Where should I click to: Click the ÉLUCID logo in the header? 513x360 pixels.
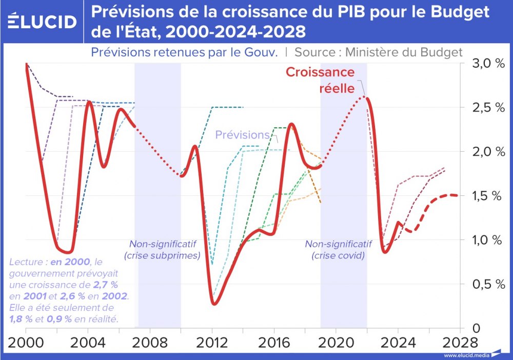pyautogui.click(x=43, y=22)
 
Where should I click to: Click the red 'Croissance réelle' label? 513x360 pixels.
pyautogui.click(x=320, y=80)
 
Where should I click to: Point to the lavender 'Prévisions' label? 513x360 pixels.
pyautogui.click(x=242, y=135)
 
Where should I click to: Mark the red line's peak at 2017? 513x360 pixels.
pyautogui.click(x=291, y=124)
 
